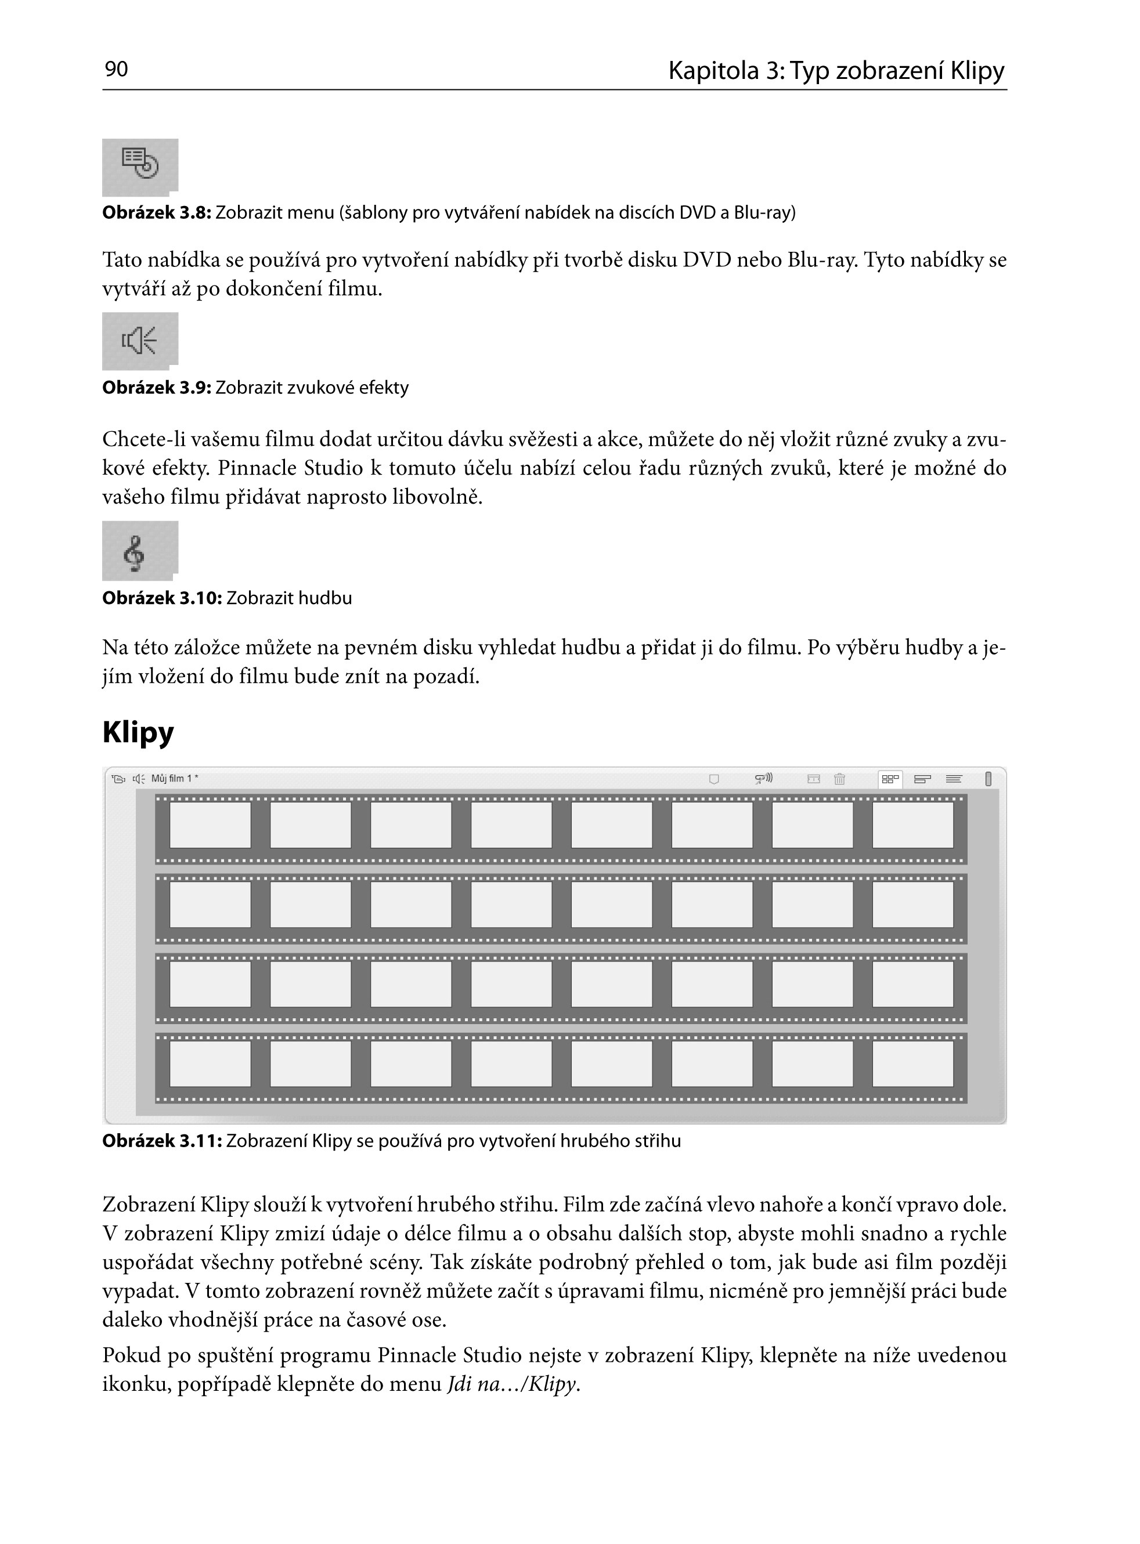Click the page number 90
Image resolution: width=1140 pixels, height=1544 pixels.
(x=116, y=69)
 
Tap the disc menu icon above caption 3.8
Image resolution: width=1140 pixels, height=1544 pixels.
(x=140, y=164)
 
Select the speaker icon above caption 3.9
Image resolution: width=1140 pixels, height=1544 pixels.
(x=139, y=340)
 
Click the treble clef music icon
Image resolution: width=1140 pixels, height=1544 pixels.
(x=135, y=552)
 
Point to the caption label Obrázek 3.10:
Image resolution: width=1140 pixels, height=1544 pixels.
(x=161, y=598)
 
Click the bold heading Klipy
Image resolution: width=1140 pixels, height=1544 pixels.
(x=138, y=732)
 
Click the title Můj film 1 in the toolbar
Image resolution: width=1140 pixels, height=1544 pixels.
(x=174, y=779)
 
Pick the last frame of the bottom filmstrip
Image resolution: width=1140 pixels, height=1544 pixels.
(x=913, y=1064)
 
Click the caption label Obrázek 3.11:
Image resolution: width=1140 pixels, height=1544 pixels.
(x=161, y=1141)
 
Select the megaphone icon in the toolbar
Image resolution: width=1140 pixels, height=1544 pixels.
(x=763, y=779)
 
